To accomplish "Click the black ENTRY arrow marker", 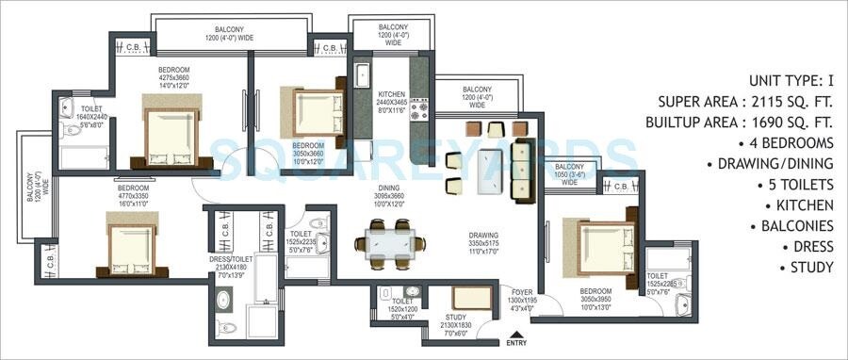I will (x=515, y=332).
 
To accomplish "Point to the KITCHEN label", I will (x=391, y=95).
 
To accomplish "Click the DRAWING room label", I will (x=482, y=236).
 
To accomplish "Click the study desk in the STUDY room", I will (x=479, y=299).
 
